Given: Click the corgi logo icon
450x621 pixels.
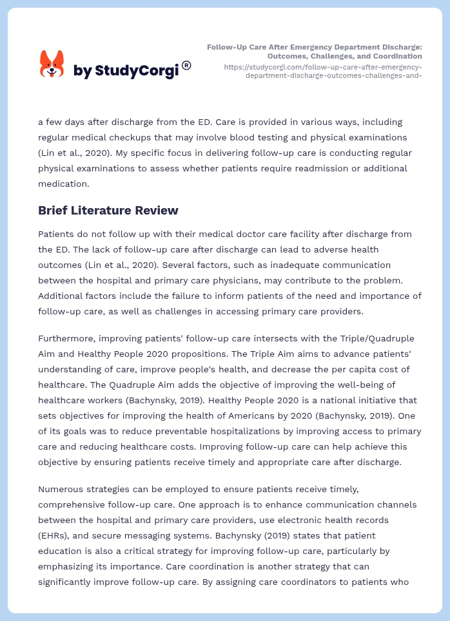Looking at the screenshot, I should (52, 64).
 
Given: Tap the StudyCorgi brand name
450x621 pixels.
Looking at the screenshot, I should (126, 70).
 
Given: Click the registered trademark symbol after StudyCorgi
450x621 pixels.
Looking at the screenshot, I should (186, 65).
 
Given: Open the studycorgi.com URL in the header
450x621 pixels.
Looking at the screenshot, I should (322, 71).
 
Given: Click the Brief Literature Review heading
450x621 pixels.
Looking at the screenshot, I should (108, 210).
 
